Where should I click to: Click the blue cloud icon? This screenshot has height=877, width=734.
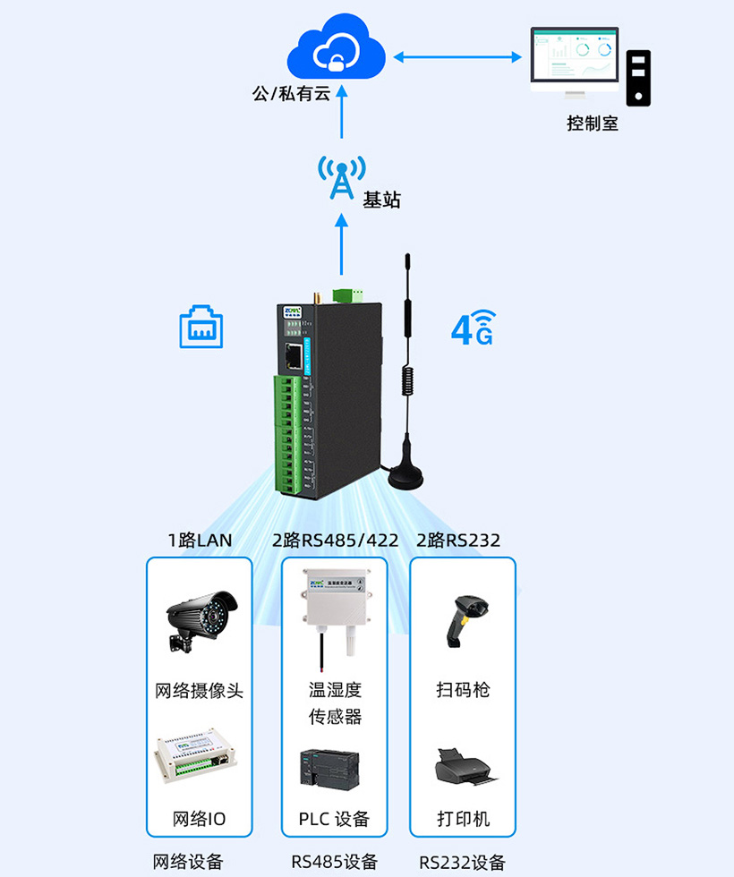pyautogui.click(x=336, y=50)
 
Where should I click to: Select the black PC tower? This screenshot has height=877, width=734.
pyautogui.click(x=638, y=78)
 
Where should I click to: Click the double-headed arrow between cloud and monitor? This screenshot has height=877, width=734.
pyautogui.click(x=457, y=57)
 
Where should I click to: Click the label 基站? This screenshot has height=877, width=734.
pyautogui.click(x=381, y=199)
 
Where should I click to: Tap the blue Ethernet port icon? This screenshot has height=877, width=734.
pyautogui.click(x=201, y=327)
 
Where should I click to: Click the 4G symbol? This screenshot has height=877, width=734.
pyautogui.click(x=473, y=328)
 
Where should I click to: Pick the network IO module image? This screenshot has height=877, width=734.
pyautogui.click(x=198, y=762)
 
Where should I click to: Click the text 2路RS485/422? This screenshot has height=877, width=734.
pyautogui.click(x=335, y=540)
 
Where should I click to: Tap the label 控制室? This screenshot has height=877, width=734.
pyautogui.click(x=593, y=123)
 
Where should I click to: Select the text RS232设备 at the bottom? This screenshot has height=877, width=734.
pyautogui.click(x=462, y=863)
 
